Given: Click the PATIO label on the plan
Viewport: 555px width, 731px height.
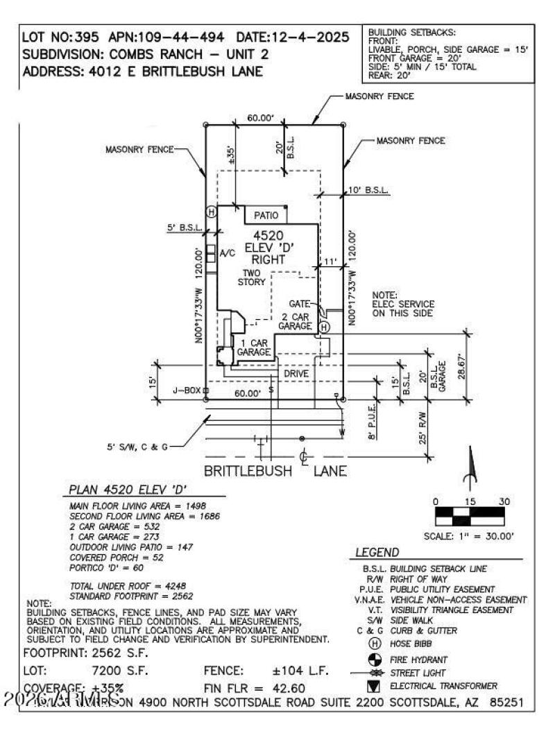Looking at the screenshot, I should click(x=266, y=216).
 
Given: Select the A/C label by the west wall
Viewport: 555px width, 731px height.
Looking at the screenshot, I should click(x=228, y=254).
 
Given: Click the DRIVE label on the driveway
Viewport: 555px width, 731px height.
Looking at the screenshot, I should click(x=296, y=373).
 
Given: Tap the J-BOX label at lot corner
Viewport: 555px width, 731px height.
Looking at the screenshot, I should click(x=187, y=391).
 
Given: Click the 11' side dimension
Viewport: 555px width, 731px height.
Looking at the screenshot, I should click(x=332, y=261).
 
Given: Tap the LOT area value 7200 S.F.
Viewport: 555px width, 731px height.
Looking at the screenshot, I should click(x=121, y=671).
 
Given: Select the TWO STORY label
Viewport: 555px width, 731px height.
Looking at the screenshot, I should click(x=250, y=277).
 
